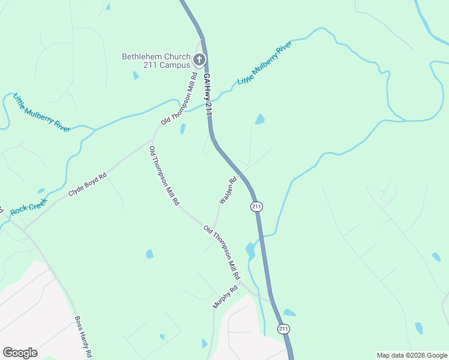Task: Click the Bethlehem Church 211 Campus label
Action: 156,61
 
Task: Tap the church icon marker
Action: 199,59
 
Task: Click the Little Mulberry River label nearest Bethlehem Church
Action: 265,63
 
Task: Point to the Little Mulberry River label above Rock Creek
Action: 41,112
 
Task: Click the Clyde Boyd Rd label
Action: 88,185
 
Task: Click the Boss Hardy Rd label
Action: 83,336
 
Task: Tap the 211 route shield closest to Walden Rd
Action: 256,206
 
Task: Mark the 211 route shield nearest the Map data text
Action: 284,329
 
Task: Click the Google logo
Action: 20,353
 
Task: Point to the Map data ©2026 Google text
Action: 412,355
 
